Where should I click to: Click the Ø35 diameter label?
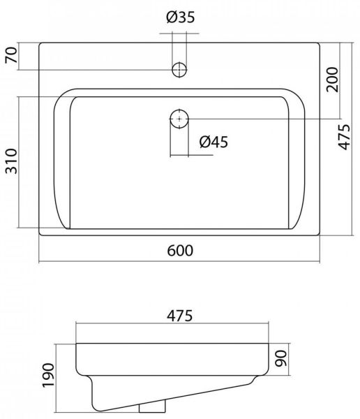181,17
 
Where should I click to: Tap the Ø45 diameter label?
213,142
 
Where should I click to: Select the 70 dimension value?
11,54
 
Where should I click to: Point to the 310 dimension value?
11,161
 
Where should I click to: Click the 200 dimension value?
333,80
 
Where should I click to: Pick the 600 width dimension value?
180,251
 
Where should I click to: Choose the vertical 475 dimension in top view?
344,137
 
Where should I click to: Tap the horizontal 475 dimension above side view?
180,316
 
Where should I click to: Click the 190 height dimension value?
49,375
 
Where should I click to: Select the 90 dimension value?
281,359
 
